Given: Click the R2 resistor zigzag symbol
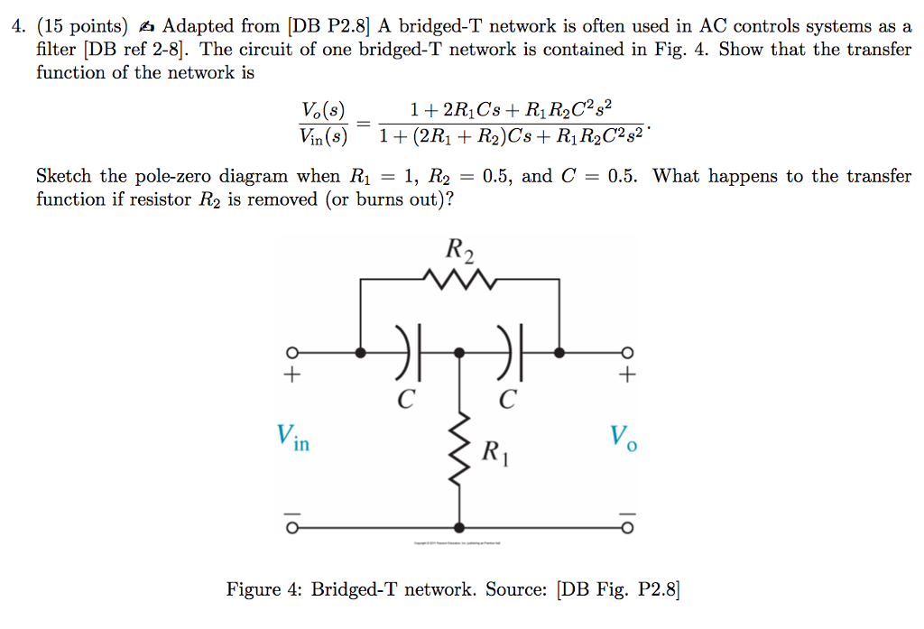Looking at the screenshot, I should pos(461,282).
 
